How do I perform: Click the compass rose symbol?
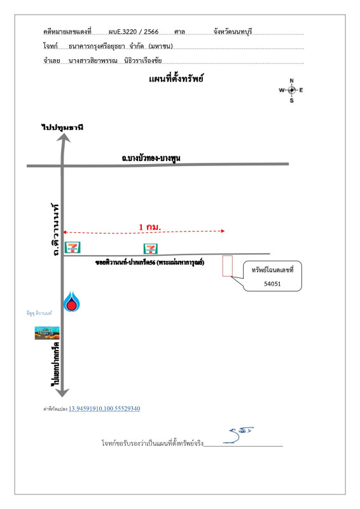coord(291,90)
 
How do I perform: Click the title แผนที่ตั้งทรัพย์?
coord(176,79)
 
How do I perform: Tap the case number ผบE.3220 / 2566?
coord(133,31)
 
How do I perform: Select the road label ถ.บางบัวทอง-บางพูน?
coord(150,158)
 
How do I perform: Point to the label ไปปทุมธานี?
coord(62,127)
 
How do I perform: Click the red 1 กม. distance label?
coord(149,227)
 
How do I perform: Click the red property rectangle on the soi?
coord(227,266)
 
